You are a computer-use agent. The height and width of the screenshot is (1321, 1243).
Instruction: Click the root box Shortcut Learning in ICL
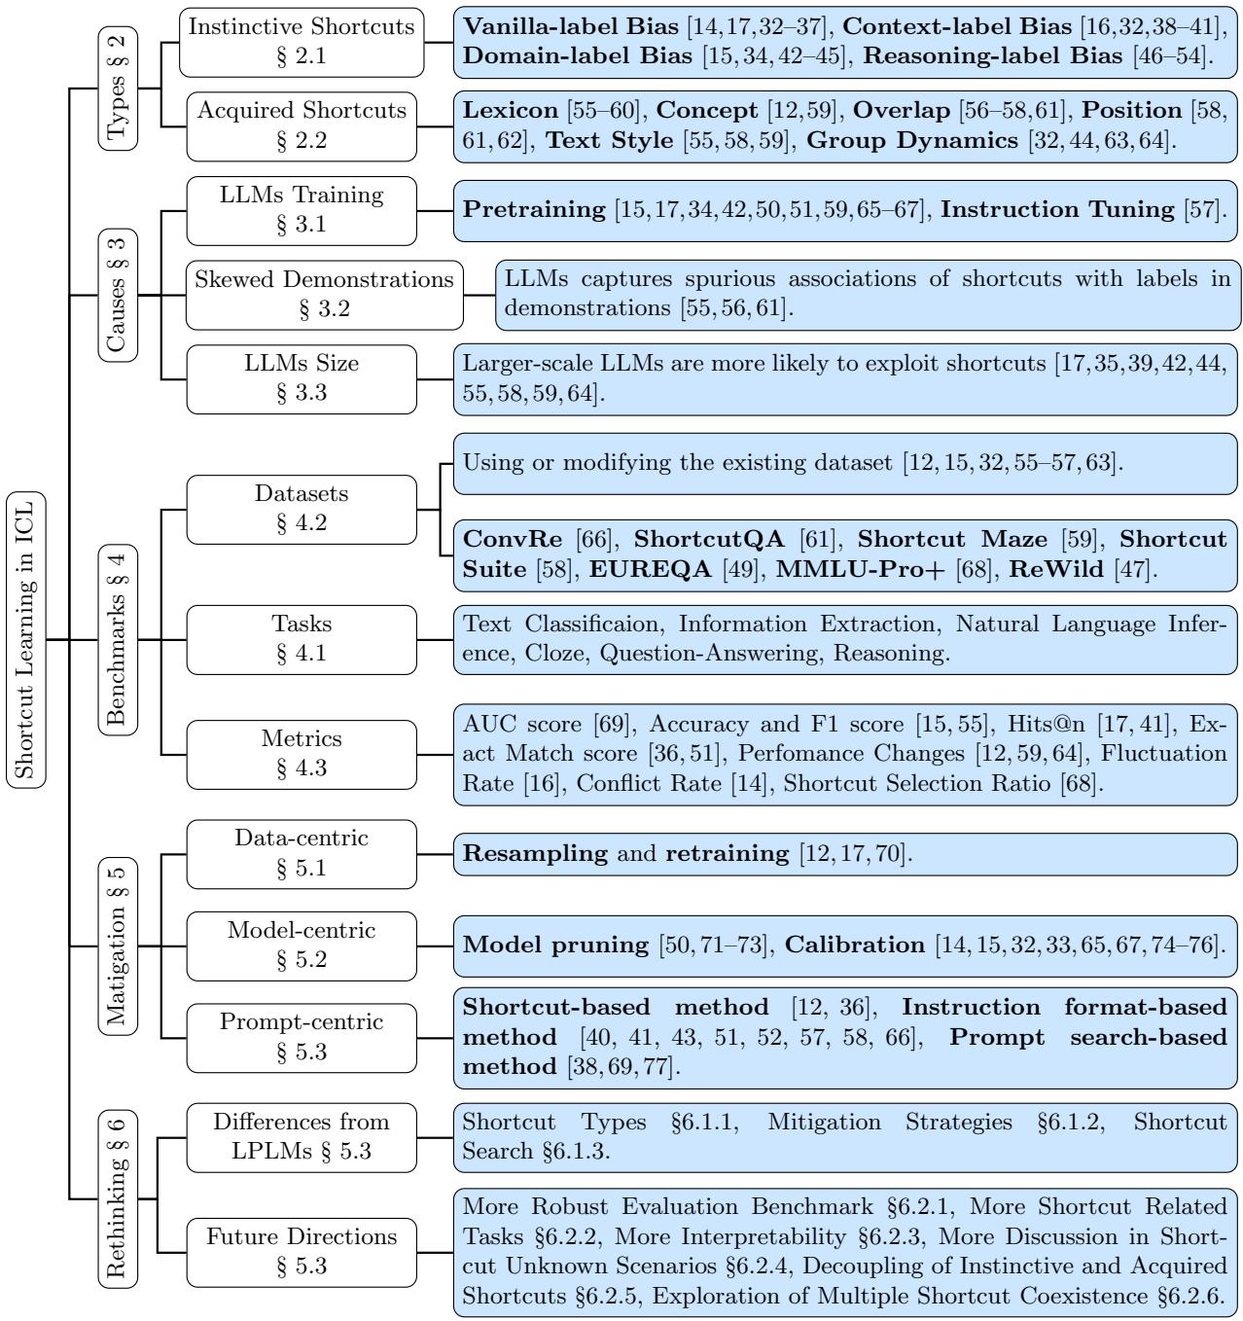(26, 639)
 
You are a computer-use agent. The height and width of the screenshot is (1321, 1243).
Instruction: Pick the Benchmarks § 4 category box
(118, 639)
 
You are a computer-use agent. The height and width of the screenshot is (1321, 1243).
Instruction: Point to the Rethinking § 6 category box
(118, 1198)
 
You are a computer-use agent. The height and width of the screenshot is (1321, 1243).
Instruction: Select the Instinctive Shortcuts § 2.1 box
(302, 42)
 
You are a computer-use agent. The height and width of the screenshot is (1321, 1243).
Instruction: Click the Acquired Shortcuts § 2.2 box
(302, 125)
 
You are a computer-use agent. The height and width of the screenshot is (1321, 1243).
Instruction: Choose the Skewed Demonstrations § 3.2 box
(324, 295)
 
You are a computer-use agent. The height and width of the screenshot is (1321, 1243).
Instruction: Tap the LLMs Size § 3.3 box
(302, 378)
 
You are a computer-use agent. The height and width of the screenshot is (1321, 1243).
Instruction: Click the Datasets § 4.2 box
(302, 509)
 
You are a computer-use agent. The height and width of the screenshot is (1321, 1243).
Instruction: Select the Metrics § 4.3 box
(302, 754)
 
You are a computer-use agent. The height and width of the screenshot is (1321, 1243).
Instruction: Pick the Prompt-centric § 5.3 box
(302, 1038)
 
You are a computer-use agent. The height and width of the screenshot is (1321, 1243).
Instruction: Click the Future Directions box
(302, 1252)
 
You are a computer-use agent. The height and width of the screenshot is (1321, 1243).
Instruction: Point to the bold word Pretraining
(534, 209)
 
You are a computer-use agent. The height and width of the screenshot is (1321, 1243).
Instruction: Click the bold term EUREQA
(651, 569)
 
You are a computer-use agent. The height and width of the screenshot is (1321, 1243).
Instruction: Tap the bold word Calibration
(854, 945)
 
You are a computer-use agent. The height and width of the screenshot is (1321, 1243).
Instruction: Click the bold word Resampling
(535, 853)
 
